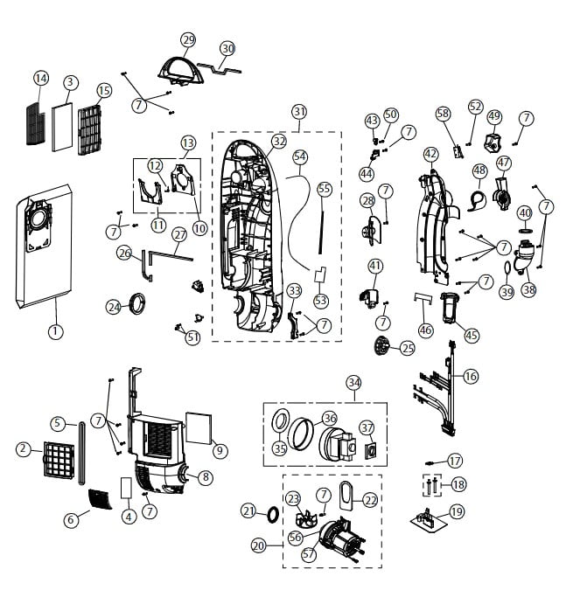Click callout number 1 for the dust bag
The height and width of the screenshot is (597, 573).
[55, 331]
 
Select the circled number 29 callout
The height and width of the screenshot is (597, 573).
[188, 40]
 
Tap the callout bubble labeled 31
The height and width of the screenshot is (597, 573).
[300, 112]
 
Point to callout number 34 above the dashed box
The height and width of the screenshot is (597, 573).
[353, 382]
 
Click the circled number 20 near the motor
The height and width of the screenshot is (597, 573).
[258, 545]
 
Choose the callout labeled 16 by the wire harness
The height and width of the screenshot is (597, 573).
[471, 376]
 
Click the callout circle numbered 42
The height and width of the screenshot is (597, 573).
[430, 154]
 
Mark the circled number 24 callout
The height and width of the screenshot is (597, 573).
[114, 307]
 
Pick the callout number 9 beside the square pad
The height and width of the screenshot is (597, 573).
[220, 450]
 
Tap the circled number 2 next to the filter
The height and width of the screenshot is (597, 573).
[24, 448]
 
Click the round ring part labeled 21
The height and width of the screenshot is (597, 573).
[272, 511]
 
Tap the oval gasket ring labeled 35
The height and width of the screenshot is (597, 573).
[283, 422]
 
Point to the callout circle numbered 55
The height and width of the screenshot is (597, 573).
[325, 188]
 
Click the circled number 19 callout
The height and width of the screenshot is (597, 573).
[457, 511]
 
